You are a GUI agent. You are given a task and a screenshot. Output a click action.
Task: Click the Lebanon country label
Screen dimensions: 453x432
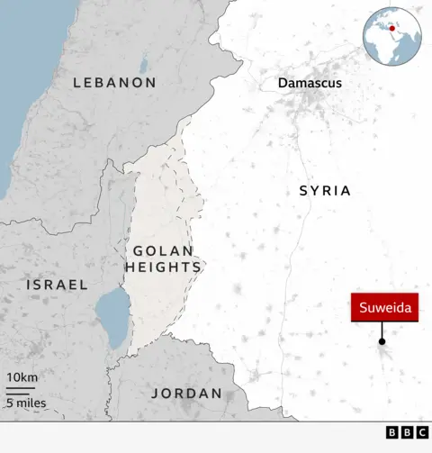tap(114, 82)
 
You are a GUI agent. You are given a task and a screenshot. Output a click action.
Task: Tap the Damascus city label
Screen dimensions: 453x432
tap(310, 83)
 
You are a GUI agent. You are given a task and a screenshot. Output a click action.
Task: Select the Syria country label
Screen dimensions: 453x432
tap(325, 191)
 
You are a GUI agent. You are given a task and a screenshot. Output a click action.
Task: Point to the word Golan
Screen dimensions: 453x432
tap(163, 250)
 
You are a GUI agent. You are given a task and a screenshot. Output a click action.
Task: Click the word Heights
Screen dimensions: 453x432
tap(163, 267)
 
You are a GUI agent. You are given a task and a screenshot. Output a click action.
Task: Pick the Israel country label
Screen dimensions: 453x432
tap(58, 285)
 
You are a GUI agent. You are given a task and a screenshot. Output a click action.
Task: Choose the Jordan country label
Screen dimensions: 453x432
tap(186, 394)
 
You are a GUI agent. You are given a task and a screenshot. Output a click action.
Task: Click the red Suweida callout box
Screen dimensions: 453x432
tap(384, 309)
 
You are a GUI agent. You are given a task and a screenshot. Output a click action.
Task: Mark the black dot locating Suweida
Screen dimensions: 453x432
tap(382, 341)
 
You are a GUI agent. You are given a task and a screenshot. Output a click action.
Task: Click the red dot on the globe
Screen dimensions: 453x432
tap(391, 28)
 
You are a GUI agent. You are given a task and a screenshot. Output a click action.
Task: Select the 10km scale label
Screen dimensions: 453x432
tap(22, 376)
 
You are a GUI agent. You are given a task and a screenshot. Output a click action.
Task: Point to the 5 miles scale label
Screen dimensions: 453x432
tap(26, 403)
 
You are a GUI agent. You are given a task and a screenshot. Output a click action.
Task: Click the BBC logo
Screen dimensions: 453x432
tap(408, 433)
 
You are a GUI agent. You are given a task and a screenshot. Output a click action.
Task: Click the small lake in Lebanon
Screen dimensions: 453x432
tap(144, 65)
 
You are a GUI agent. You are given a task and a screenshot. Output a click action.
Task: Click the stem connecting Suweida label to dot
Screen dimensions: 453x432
tap(382, 331)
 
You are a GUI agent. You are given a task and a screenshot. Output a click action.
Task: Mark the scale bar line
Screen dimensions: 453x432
tap(21, 390)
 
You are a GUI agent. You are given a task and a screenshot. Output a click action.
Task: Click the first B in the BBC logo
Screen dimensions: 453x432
tap(392, 433)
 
